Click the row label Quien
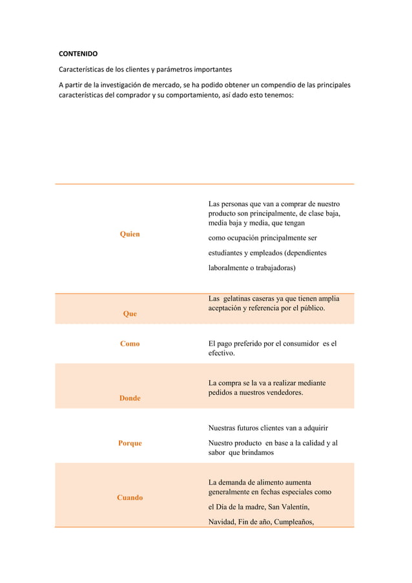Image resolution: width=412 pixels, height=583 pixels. click(x=130, y=234)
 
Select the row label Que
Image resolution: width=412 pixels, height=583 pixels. click(x=130, y=313)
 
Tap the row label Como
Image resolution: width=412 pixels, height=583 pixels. click(x=130, y=344)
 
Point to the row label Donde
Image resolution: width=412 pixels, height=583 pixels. click(x=130, y=398)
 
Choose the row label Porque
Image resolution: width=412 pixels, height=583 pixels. click(x=130, y=443)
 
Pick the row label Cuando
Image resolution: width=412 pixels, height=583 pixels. click(x=130, y=498)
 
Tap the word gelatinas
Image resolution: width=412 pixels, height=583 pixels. click(x=242, y=298)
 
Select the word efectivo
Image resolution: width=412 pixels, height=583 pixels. click(x=222, y=354)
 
